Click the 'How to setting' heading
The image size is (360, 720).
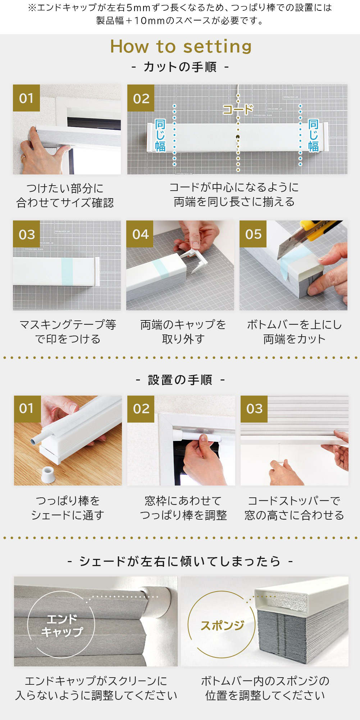click(x=181, y=46)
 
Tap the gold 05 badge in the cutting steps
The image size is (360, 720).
click(x=253, y=234)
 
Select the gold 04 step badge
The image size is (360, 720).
click(x=140, y=234)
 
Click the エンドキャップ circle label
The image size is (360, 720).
click(x=61, y=625)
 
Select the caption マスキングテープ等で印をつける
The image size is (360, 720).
click(x=67, y=332)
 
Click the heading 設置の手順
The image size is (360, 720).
click(x=180, y=380)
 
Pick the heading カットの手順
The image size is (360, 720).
click(x=180, y=67)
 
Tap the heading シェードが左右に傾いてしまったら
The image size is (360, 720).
click(x=180, y=561)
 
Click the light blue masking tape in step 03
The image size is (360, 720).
click(x=67, y=272)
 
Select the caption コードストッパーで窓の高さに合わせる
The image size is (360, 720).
click(x=294, y=508)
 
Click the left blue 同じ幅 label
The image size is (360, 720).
click(x=160, y=136)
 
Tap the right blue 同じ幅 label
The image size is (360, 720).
click(x=313, y=136)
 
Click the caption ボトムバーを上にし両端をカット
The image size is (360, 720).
click(x=294, y=332)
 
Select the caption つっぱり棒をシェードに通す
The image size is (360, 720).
click(x=68, y=508)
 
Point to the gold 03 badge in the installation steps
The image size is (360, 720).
click(x=254, y=409)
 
